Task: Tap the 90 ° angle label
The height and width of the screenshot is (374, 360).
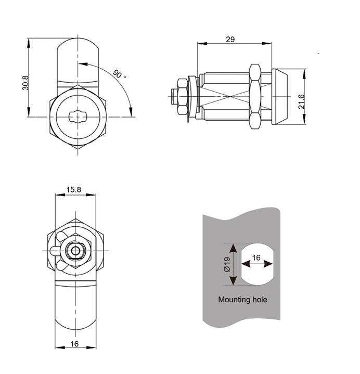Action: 120,74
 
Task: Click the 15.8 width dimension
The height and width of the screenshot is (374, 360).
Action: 74,190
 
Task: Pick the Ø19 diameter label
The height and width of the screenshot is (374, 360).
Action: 227,264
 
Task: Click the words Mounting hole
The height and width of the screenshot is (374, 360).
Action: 242,300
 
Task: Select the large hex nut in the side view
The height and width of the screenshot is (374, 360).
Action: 255,97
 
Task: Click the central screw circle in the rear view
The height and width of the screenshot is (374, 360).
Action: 76,251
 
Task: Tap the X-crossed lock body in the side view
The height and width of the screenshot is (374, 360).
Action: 224,97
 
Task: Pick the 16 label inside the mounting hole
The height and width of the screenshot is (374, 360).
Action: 256,257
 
